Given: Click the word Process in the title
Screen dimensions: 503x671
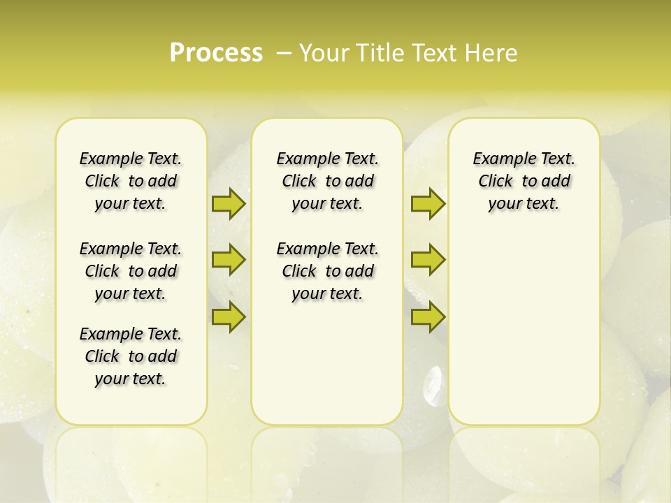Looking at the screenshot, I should click(216, 53).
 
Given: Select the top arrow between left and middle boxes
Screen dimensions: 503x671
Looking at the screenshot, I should click(229, 203).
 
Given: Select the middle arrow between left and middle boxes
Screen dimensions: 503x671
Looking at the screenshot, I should click(229, 260).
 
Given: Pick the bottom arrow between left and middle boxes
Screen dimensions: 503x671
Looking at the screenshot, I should click(229, 316).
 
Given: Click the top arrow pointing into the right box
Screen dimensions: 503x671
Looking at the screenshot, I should click(428, 203).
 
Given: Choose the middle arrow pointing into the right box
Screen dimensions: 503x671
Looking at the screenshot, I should click(428, 260).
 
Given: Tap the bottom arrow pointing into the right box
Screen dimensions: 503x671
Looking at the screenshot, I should click(428, 316).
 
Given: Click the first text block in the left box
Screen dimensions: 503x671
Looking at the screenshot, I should click(131, 181).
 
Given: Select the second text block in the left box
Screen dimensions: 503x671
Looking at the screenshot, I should click(131, 271).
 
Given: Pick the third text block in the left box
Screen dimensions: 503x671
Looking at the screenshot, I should click(131, 356).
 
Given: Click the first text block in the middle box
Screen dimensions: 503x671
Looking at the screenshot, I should click(327, 181).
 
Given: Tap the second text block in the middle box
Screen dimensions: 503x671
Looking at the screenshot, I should click(327, 271).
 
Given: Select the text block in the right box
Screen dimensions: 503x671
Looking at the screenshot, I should click(524, 181).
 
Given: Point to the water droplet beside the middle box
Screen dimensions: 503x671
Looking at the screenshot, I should click(433, 384).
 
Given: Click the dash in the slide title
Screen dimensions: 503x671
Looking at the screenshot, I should click(284, 53).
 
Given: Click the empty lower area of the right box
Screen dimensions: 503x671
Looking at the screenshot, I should click(524, 335).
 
